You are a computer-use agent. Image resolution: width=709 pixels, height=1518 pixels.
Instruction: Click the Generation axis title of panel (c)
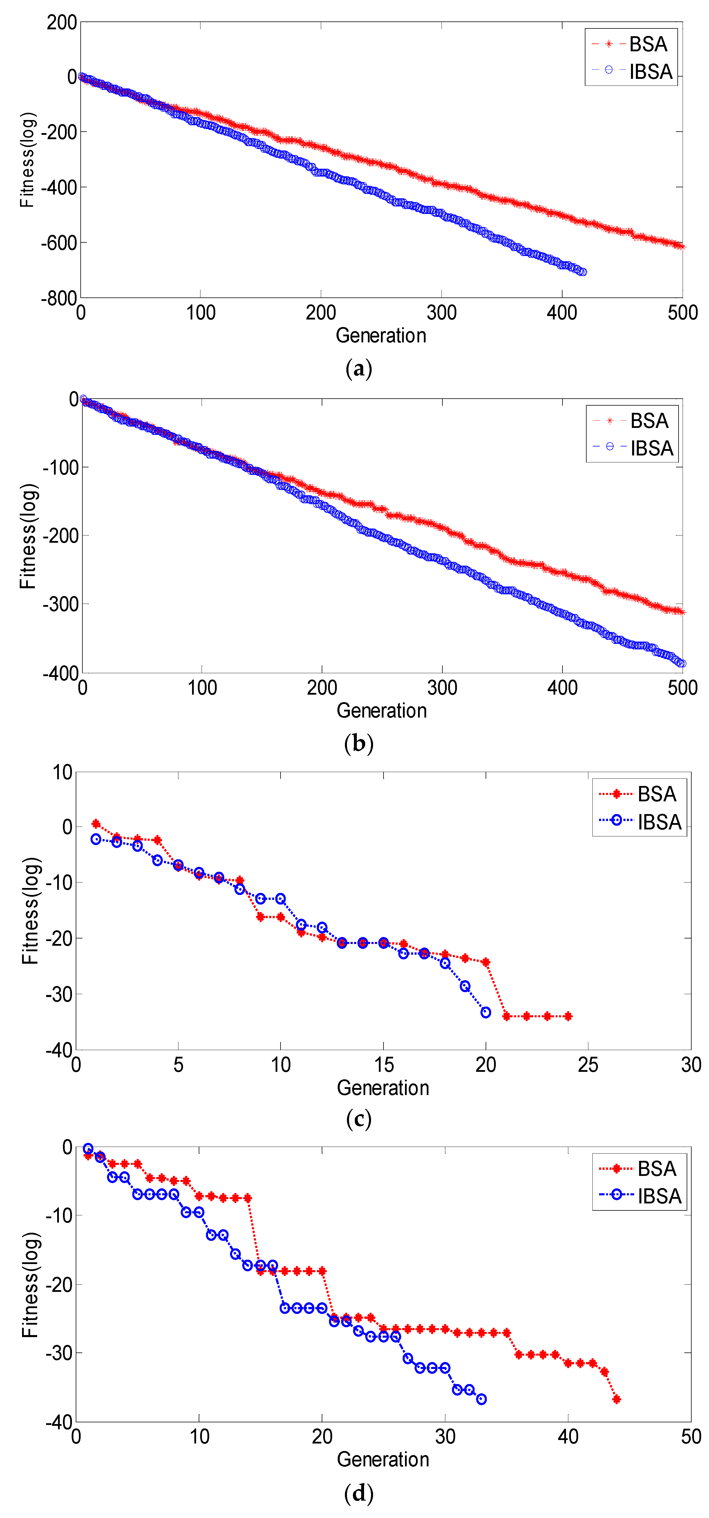(x=383, y=1088)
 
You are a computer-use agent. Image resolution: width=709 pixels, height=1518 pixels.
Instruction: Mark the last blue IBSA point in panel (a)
(x=582, y=272)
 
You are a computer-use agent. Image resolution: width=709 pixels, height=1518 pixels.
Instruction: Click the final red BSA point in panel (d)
(x=616, y=1399)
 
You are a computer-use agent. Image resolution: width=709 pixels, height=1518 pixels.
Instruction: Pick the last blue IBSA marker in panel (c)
(x=485, y=1012)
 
